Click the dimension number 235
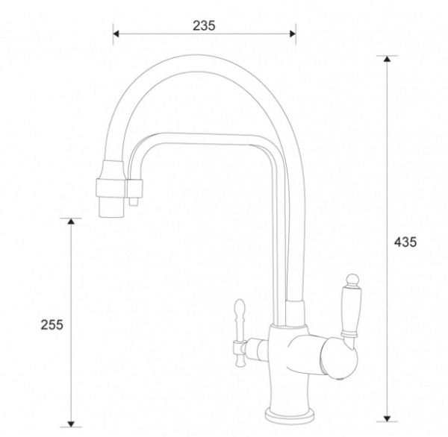pos(204,25)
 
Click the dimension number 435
pos(405,242)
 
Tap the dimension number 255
pos(52,325)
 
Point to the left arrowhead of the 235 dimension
pos(116,34)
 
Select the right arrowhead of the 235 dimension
pos(293,34)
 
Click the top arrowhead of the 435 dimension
pos(387,59)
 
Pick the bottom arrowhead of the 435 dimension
pos(387,418)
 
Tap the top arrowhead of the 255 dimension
pos(71,221)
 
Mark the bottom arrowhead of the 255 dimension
pos(71,424)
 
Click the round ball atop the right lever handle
pos(352,279)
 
